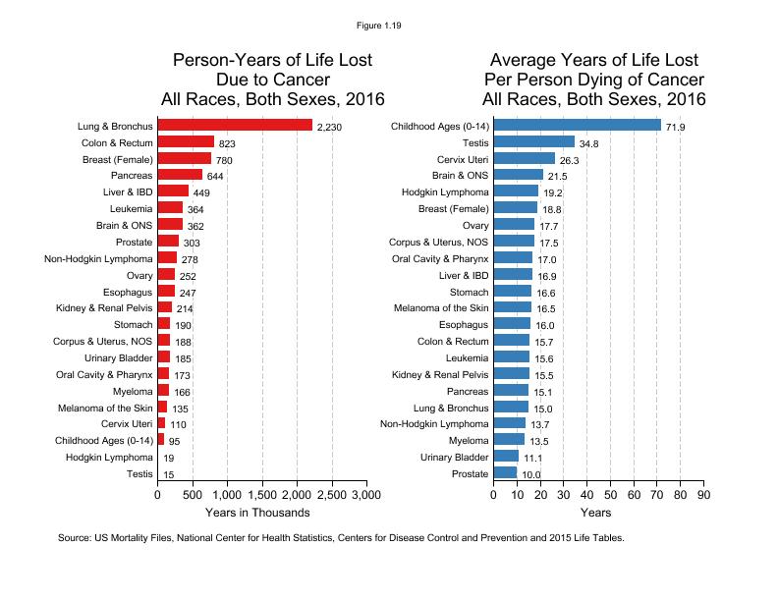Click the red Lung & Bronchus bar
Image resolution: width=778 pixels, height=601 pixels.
234,125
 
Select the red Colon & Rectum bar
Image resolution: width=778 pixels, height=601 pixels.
186,141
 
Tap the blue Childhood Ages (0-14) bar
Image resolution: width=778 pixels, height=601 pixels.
577,126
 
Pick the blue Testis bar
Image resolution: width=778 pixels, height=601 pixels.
533,142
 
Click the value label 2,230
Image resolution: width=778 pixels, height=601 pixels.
329,127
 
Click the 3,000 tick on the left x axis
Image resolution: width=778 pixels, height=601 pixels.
366,495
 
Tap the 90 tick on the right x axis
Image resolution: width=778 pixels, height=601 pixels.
702,495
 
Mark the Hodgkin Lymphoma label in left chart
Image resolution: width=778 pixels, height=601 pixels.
109,458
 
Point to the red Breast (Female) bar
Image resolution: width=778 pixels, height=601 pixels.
184,158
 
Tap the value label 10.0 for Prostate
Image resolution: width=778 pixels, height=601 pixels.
530,475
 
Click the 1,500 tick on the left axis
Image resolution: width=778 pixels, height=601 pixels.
261,495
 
